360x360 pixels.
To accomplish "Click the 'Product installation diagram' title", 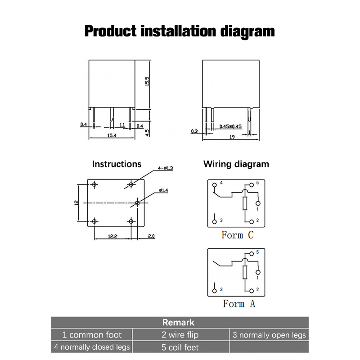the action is click(180, 31).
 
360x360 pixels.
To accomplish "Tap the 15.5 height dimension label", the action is click(147, 81).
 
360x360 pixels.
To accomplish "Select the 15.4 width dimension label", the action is click(112, 135).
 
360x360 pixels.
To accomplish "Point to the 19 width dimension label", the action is click(232, 137).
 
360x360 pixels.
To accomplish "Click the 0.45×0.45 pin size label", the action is click(230, 126).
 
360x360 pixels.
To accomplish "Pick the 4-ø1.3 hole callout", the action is click(165, 168).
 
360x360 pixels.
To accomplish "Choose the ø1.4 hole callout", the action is click(163, 190).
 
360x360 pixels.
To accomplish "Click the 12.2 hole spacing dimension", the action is click(112, 236).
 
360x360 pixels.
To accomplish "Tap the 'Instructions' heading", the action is click(117, 164).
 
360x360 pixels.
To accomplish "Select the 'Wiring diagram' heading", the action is click(236, 164).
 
